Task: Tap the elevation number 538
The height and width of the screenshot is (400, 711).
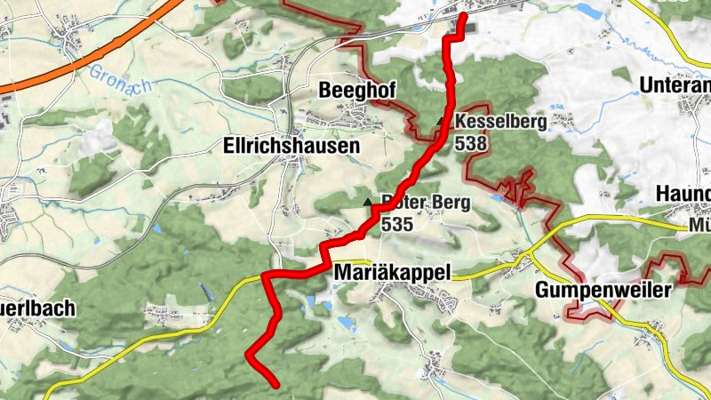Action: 469,141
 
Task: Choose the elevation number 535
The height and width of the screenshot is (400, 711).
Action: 397,224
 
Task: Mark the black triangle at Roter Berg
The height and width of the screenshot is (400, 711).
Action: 369,203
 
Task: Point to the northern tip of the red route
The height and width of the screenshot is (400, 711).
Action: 463,16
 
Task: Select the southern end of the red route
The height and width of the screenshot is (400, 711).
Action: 276,384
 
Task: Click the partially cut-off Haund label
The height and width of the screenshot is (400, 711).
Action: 683,194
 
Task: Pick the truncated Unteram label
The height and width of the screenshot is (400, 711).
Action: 675,86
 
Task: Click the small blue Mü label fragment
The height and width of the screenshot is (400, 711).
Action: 699,227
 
